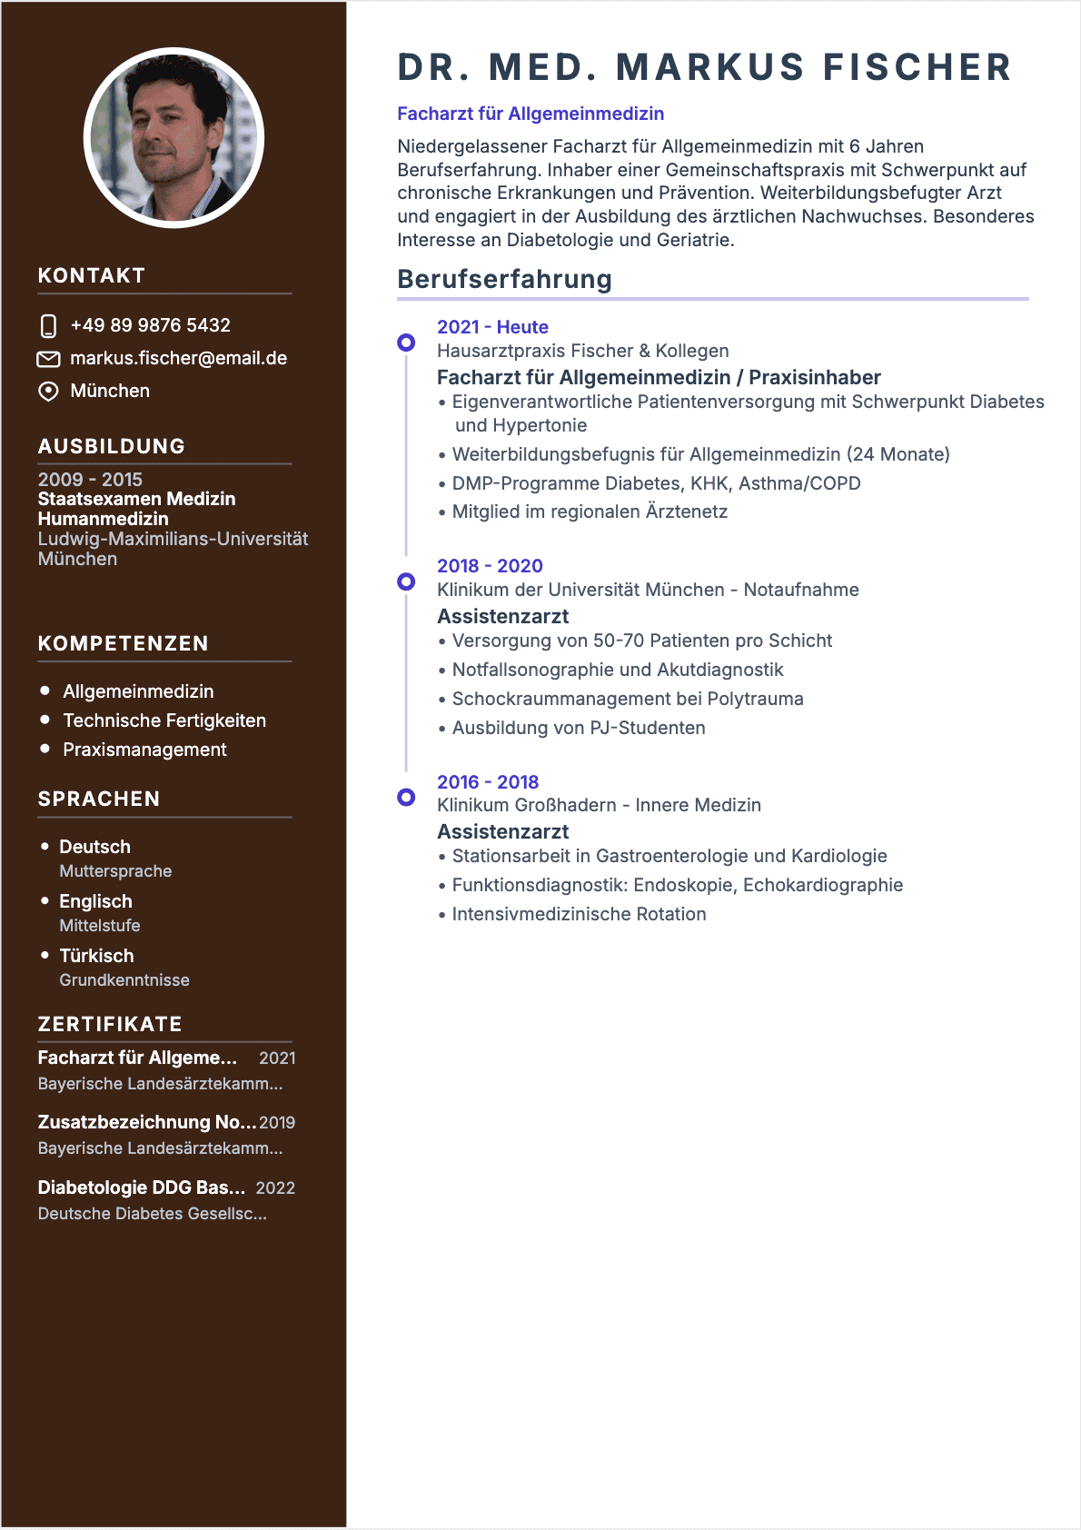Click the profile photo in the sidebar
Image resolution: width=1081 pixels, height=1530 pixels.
click(174, 138)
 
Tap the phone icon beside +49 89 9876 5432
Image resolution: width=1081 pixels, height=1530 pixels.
click(48, 326)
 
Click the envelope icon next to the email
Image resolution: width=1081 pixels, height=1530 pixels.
click(48, 359)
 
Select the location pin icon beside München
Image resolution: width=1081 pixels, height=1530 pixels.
click(48, 392)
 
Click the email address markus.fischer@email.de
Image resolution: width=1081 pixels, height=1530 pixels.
click(178, 358)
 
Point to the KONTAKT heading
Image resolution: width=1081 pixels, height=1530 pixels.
click(92, 275)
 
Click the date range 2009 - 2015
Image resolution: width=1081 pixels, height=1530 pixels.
click(90, 479)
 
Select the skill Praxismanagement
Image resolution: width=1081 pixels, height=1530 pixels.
click(144, 750)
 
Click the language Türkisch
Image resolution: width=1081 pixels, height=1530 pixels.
click(96, 956)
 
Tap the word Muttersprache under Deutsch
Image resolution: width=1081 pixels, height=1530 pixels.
click(115, 871)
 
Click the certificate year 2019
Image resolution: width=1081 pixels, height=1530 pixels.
click(277, 1123)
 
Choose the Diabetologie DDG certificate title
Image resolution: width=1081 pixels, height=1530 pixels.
click(142, 1187)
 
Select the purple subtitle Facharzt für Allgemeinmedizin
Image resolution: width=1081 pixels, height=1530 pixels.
click(531, 114)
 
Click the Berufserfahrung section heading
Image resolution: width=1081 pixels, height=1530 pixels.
click(504, 279)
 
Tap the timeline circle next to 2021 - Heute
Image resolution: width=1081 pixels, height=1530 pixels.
click(406, 343)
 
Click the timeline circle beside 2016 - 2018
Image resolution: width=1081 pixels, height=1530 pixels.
click(406, 797)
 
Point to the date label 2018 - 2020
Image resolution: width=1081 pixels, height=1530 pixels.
click(490, 566)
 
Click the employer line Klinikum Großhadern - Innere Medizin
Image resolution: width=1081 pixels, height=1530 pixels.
click(599, 805)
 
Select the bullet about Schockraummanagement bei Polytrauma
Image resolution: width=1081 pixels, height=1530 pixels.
click(628, 699)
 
